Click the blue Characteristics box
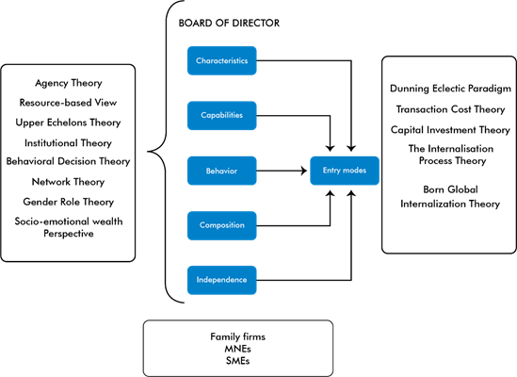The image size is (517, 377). point(222,60)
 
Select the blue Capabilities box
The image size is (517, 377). point(222,116)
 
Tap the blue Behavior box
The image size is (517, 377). point(222,171)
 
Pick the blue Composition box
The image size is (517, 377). point(222,225)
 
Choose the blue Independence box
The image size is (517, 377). point(222,280)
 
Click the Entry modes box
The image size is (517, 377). point(345,171)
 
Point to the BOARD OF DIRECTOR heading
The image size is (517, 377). point(229,24)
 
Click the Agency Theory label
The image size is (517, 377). point(69,83)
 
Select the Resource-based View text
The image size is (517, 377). point(68,103)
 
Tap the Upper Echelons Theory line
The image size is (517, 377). point(68,123)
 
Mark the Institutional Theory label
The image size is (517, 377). point(68,143)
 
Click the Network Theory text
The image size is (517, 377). point(68,182)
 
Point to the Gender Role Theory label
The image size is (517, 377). point(69,202)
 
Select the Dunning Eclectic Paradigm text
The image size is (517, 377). point(450,89)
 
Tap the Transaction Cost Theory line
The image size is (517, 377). point(450,109)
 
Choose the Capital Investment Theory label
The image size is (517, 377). point(450,130)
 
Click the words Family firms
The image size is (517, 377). point(237,336)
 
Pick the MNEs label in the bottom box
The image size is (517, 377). point(237,349)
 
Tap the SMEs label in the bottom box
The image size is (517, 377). point(237,361)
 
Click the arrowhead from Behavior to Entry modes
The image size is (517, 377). point(303,171)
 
